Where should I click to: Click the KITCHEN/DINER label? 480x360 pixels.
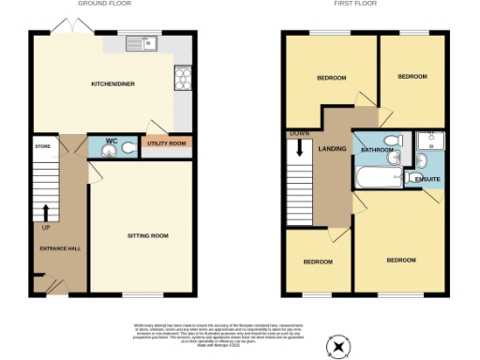(111, 84)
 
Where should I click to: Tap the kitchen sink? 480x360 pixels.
(143, 42)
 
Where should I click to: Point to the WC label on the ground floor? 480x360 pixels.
(111, 142)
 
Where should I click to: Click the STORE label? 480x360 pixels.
(41, 146)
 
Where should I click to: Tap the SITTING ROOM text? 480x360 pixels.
(147, 235)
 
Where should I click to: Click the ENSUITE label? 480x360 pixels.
(428, 179)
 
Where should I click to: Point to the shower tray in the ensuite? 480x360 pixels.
(430, 142)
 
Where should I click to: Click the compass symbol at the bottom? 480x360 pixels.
(337, 346)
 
